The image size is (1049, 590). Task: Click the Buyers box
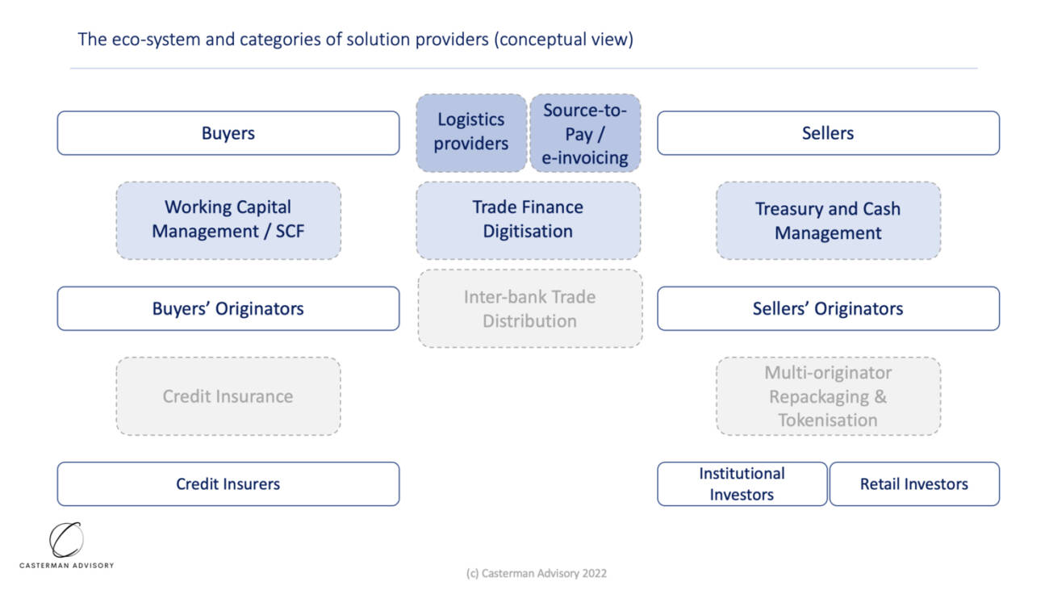click(x=228, y=133)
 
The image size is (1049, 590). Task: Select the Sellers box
click(x=828, y=133)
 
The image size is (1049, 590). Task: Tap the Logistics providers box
click(x=471, y=133)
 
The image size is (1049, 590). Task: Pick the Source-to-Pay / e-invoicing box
click(x=585, y=133)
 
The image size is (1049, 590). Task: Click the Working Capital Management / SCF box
click(x=228, y=220)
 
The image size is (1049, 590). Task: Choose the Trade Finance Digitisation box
click(x=529, y=220)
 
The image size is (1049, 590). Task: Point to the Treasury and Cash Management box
click(x=828, y=220)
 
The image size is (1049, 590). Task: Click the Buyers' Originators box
click(x=228, y=308)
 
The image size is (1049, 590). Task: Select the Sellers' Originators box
click(x=828, y=308)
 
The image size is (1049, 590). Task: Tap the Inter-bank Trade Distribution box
click(x=530, y=308)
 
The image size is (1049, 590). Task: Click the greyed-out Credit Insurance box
click(x=228, y=396)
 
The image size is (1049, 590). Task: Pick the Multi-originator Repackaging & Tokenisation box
click(x=828, y=396)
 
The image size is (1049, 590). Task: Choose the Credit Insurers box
click(x=228, y=484)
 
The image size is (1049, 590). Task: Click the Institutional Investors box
click(x=742, y=484)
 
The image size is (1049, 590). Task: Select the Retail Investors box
click(x=914, y=484)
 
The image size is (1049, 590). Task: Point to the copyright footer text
click(x=537, y=574)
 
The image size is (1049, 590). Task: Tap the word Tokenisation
click(x=828, y=420)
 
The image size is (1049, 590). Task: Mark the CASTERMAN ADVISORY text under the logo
click(x=66, y=566)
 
